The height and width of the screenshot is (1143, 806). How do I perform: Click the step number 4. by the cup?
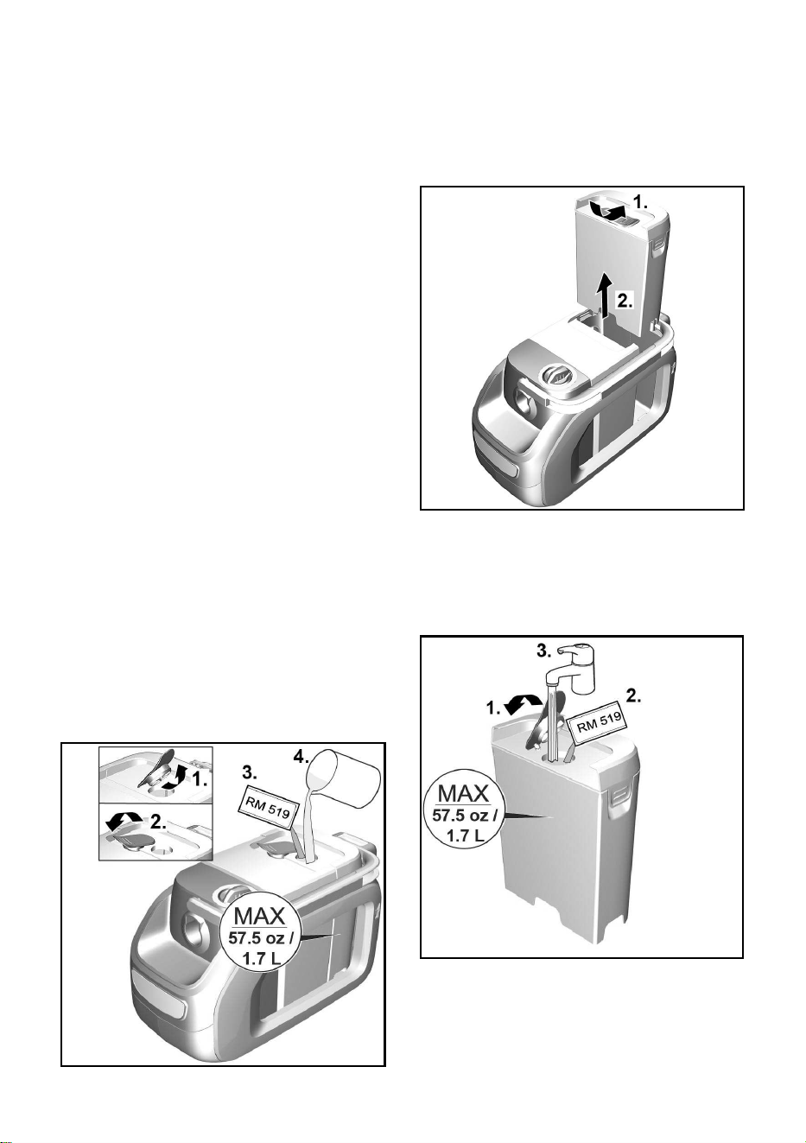coord(301,758)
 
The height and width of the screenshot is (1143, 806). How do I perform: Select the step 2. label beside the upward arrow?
coord(624,301)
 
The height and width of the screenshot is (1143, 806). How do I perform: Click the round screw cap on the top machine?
coord(556,377)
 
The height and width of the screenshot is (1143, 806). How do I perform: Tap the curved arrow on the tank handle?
coord(605,211)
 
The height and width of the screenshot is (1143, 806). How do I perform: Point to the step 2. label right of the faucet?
coord(633,697)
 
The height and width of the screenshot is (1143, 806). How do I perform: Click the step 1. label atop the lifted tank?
coord(641,202)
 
